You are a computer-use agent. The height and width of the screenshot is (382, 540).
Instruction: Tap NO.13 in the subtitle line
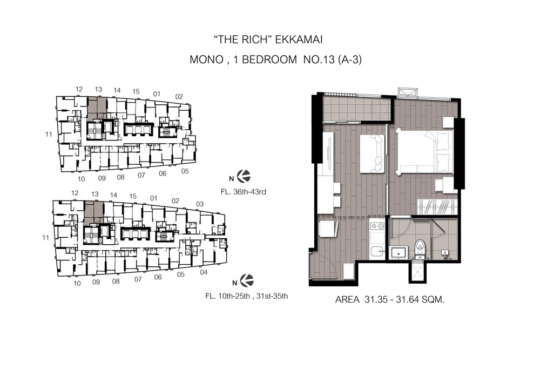pos(319,59)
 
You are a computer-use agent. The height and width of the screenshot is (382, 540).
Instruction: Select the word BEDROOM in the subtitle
pos(269,59)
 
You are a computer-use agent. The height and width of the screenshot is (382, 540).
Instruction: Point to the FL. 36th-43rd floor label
pos(244,192)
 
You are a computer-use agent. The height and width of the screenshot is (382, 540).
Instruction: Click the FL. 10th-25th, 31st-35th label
pos(247,296)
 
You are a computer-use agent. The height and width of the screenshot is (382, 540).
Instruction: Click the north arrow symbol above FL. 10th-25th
pos(247,280)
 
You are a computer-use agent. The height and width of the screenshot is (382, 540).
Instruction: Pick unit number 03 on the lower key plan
pos(200,204)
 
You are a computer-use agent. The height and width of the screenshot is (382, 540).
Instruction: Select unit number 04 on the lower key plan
pos(204,272)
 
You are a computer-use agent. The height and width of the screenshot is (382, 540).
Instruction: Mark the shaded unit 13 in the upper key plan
pos(97,108)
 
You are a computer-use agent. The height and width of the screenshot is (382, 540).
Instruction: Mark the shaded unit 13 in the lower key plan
pos(93,213)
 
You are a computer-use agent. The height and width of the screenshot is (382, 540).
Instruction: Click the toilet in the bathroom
pos(420,249)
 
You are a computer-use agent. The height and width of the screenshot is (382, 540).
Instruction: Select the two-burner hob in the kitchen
pos(377,226)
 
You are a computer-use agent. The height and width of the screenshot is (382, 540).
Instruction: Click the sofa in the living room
pos(372,153)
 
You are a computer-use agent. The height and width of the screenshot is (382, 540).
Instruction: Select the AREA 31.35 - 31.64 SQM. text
pos(390,300)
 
